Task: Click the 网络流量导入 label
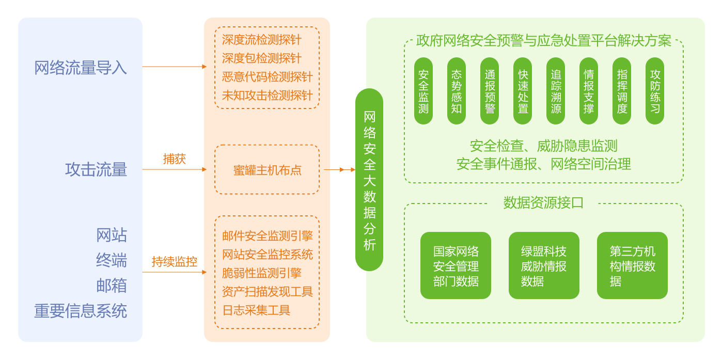pyautogui.click(x=81, y=68)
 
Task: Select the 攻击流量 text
pyautogui.click(x=96, y=169)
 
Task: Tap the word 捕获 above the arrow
pyautogui.click(x=174, y=159)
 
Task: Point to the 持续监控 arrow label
pyautogui.click(x=174, y=262)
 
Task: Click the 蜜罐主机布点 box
pyautogui.click(x=267, y=170)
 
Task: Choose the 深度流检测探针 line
pyautogui.click(x=261, y=40)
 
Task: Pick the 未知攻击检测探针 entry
pyautogui.click(x=267, y=96)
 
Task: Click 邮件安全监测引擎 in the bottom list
pyautogui.click(x=267, y=236)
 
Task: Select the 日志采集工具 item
pyautogui.click(x=256, y=310)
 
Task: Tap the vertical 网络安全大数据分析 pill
pyautogui.click(x=369, y=180)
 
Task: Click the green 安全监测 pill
pyautogui.click(x=423, y=91)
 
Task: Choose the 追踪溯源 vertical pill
pyautogui.click(x=556, y=91)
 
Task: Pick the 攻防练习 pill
pyautogui.click(x=655, y=91)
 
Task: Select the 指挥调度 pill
pyautogui.click(x=622, y=91)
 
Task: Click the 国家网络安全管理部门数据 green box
pyautogui.click(x=456, y=265)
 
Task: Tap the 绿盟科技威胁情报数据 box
pyautogui.click(x=544, y=265)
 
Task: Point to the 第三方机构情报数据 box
pyautogui.click(x=632, y=265)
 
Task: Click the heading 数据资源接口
pyautogui.click(x=543, y=203)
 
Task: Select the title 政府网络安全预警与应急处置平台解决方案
pyautogui.click(x=543, y=41)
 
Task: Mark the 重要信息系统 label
pyautogui.click(x=81, y=311)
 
